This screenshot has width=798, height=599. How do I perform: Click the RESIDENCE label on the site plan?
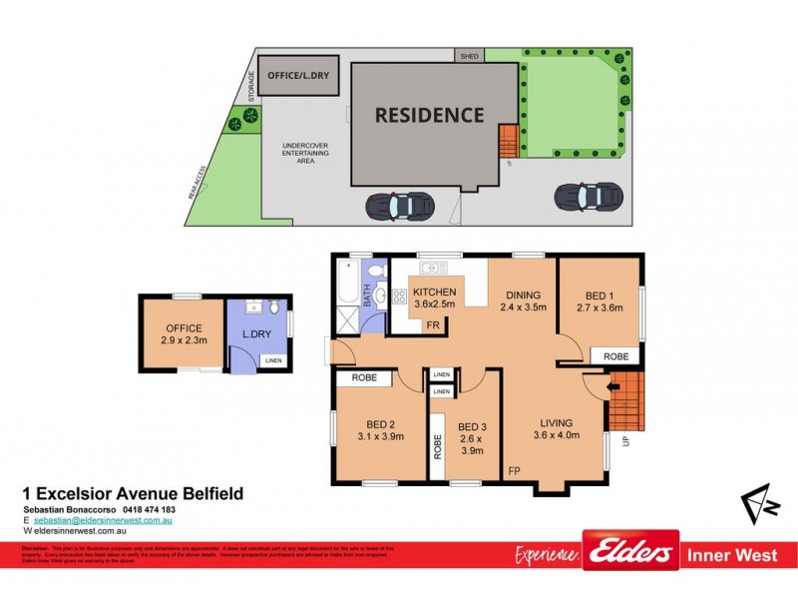click(x=429, y=115)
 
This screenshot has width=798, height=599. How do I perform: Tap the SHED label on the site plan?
click(x=468, y=57)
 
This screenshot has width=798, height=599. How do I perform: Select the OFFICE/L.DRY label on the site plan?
click(x=298, y=75)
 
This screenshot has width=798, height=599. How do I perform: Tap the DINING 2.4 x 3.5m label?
click(x=522, y=300)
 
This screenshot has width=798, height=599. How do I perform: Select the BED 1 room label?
click(x=599, y=300)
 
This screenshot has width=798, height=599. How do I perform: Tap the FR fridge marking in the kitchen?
click(x=433, y=325)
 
